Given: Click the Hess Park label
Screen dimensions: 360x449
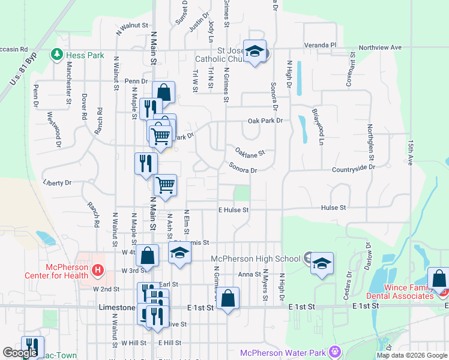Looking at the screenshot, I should (85, 55).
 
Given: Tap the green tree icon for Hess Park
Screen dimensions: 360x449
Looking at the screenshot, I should (58, 55).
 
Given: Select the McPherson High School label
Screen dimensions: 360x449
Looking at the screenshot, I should (255, 259).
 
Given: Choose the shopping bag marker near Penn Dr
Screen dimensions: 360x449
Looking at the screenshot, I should (163, 93).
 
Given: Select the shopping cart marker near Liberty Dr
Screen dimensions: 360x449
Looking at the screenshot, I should (164, 185).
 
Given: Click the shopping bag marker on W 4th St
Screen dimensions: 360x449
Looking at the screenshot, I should (147, 256).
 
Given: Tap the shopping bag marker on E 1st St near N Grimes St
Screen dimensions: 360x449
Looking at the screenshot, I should (228, 298).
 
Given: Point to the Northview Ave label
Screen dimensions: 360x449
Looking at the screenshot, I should (380, 47).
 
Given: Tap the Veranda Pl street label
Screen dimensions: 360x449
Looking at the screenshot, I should (321, 45).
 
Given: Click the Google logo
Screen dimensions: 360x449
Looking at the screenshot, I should (20, 353).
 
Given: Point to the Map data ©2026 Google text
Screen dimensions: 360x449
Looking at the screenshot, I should (411, 355).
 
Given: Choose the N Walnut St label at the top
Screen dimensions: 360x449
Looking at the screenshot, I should (132, 26).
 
